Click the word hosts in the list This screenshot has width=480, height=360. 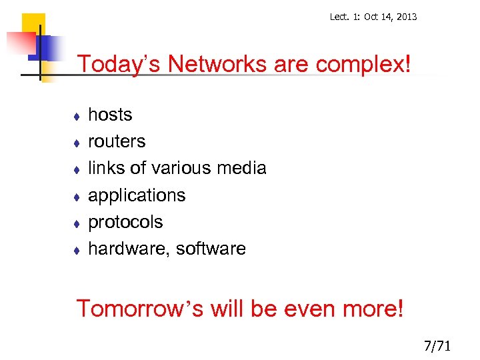110,115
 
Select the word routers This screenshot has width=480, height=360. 117,141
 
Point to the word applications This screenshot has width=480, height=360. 137,195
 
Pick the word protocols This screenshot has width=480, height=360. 125,222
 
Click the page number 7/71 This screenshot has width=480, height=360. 438,345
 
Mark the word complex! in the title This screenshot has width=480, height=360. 363,65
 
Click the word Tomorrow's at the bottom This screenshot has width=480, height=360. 139,309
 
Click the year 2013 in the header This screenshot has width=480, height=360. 406,17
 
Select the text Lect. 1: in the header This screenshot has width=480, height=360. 344,17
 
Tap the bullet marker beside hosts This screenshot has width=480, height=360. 77,116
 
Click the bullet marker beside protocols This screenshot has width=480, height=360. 77,223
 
